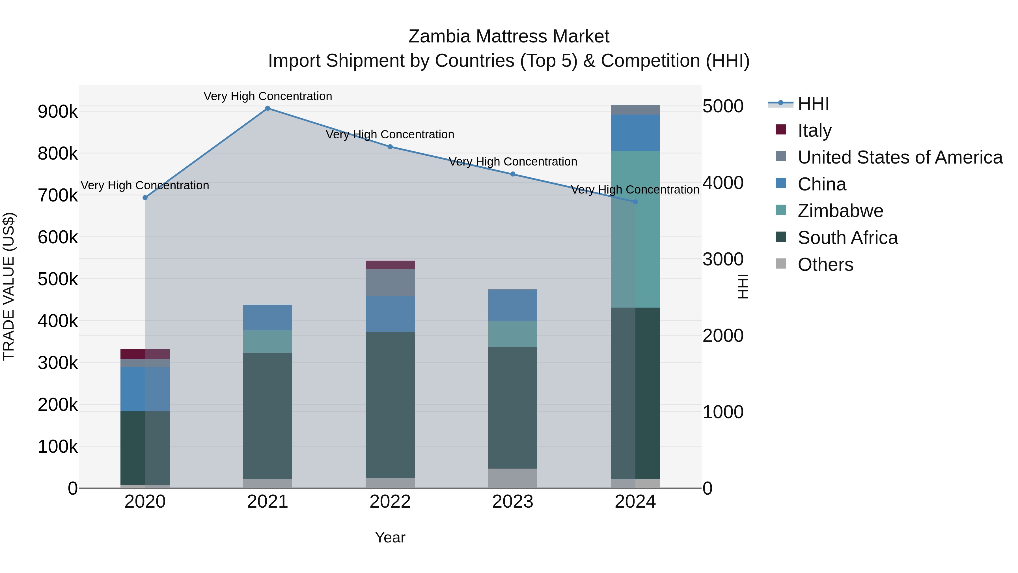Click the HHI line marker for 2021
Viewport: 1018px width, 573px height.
coord(268,108)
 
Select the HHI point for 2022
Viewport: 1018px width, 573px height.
coord(390,147)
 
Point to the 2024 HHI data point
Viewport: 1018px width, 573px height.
coord(635,202)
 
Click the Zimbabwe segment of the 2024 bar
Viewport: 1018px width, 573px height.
coord(635,229)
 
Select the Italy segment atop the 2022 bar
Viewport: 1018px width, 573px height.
coord(390,265)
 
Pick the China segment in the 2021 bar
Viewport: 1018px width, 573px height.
coord(268,317)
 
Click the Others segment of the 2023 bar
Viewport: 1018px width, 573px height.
coord(513,478)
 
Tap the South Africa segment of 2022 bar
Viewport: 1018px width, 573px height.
coord(390,405)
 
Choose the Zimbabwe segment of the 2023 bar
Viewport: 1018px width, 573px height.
coord(513,334)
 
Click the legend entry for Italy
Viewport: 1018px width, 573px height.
coord(814,130)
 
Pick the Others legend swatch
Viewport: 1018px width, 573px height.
coord(781,264)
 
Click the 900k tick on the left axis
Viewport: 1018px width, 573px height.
coord(58,111)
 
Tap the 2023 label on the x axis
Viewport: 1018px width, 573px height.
coord(513,502)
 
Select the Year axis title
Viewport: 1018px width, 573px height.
coord(390,537)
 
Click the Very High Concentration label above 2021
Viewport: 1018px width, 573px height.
coord(268,96)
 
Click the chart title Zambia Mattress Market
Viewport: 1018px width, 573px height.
coord(509,37)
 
